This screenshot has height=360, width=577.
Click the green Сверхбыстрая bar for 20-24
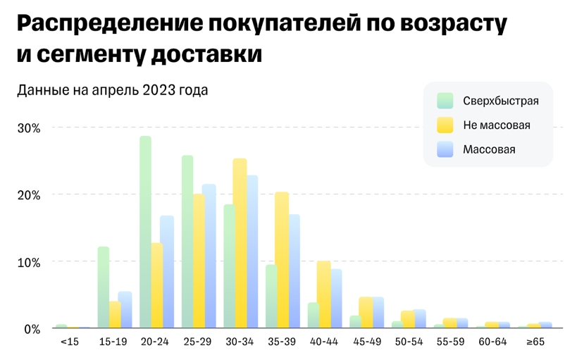(145, 232)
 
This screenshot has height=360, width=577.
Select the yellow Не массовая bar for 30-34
(240, 244)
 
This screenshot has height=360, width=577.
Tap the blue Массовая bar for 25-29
(209, 256)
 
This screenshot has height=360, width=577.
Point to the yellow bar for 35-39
(282, 260)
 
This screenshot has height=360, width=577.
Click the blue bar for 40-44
(336, 299)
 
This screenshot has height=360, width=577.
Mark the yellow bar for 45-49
(366, 313)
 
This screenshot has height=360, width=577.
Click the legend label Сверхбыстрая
(500, 101)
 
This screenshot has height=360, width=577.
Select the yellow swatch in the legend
(445, 125)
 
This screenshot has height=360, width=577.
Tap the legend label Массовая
(489, 149)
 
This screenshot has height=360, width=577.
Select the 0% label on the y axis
(33, 328)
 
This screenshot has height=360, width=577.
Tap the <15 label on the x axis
(69, 342)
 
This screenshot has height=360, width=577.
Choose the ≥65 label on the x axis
(535, 342)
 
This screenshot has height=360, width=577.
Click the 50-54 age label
(408, 342)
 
